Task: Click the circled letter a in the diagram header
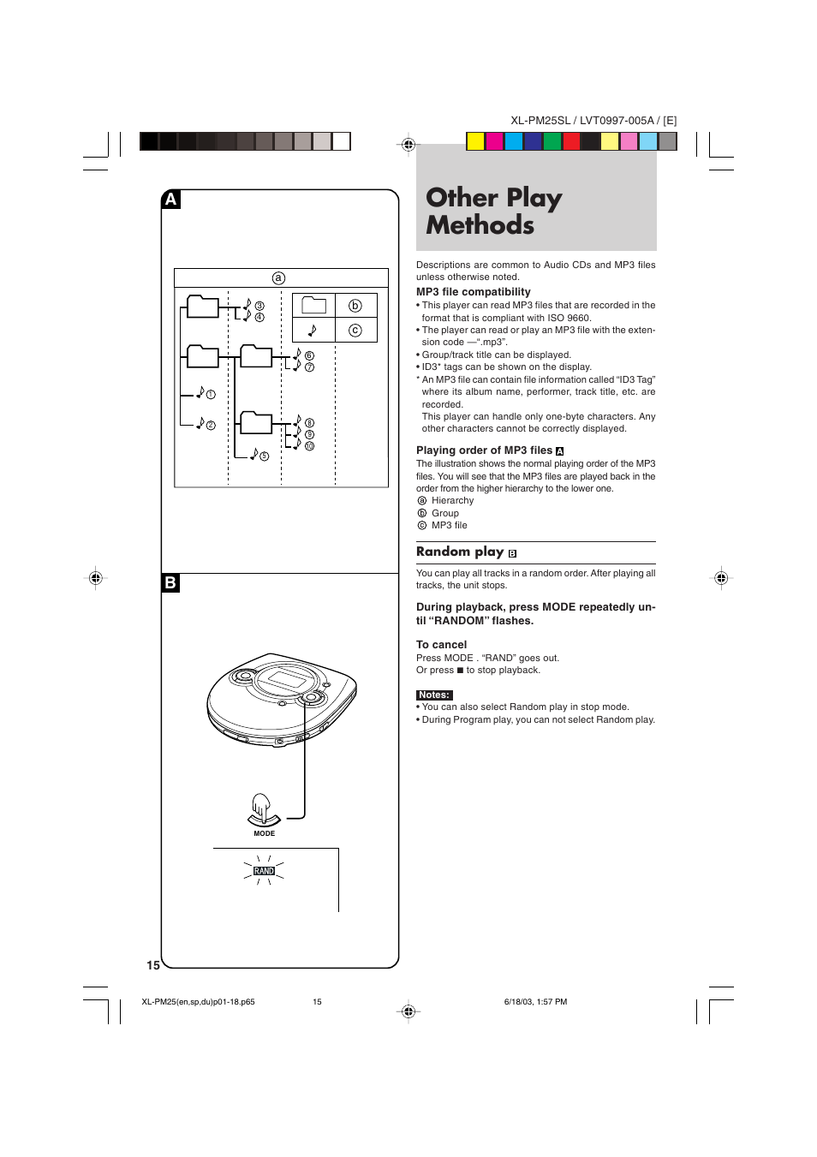278,278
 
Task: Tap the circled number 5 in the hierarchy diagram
264,456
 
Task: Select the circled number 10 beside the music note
309,446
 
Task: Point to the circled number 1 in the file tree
211,395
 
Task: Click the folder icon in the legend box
313,306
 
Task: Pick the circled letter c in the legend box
355,331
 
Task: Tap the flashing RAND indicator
264,871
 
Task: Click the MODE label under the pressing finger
264,833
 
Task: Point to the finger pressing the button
261,807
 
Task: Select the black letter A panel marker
171,200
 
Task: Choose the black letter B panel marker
171,583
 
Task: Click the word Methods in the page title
480,225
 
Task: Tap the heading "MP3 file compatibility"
474,292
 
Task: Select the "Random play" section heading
460,552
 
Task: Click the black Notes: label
434,695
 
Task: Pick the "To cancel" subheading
442,645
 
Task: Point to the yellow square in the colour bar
475,141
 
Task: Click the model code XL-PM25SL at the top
540,121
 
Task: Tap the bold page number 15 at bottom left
153,965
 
